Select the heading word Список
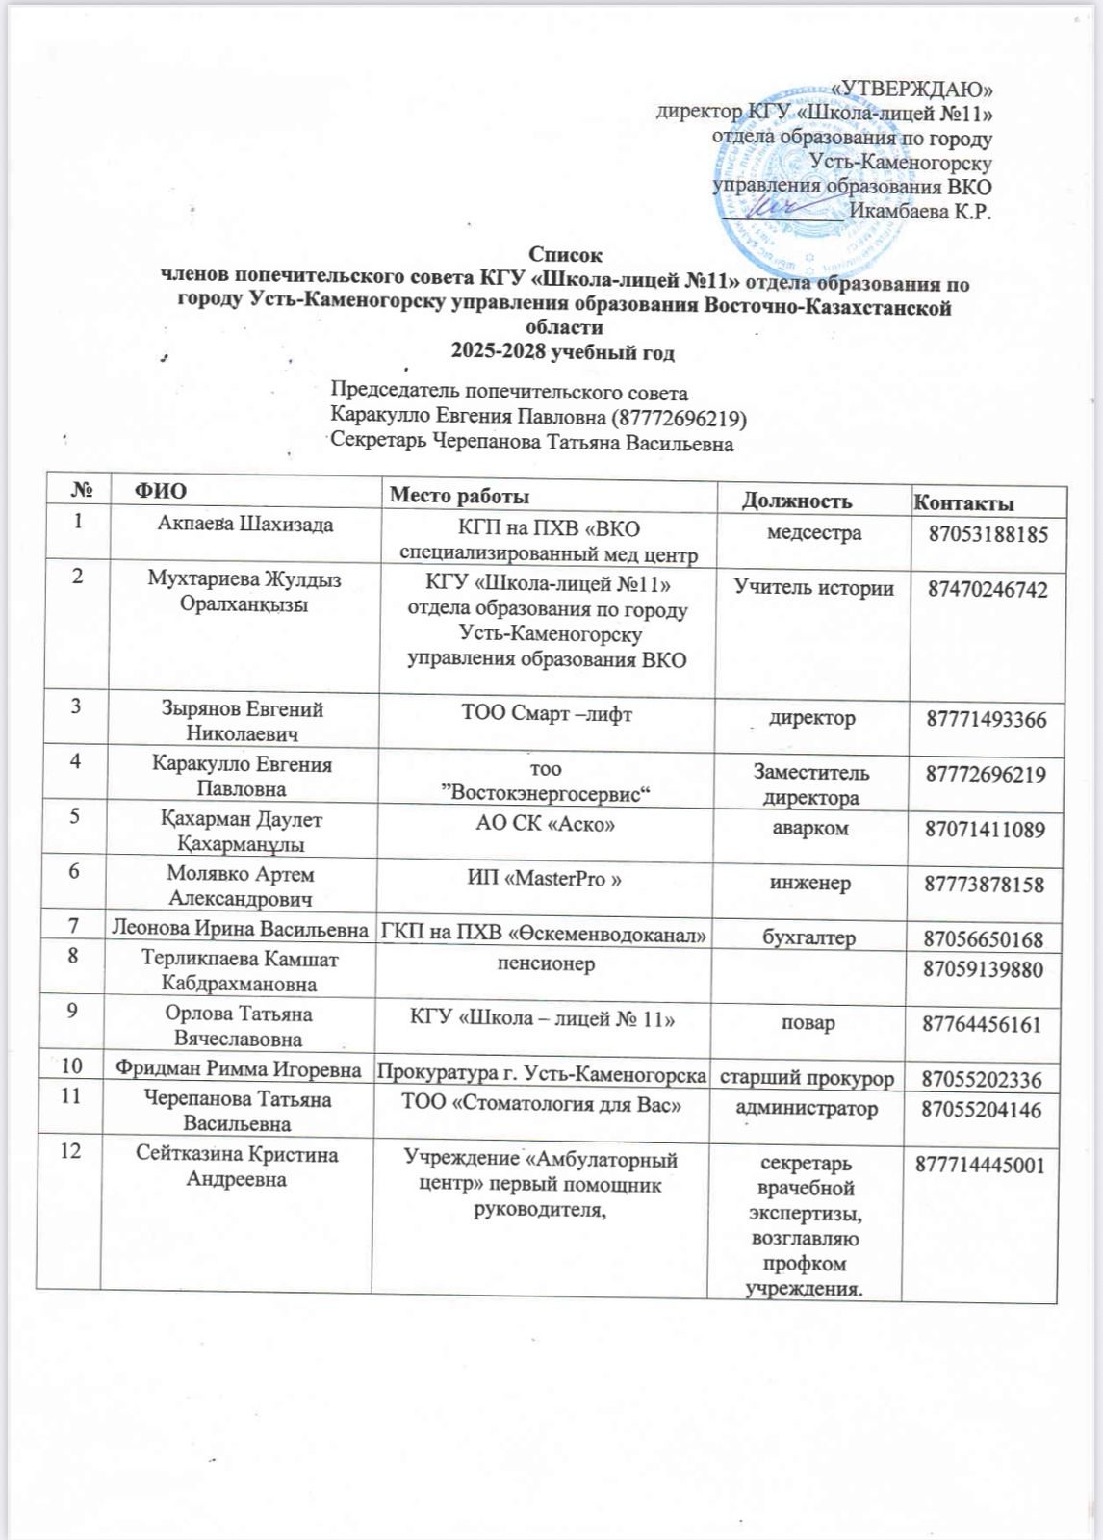point(566,255)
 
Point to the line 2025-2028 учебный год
point(564,352)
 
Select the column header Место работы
point(458,497)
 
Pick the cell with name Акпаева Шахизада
point(245,525)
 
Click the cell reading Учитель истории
point(814,588)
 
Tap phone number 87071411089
point(985,829)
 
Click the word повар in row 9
point(808,1022)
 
